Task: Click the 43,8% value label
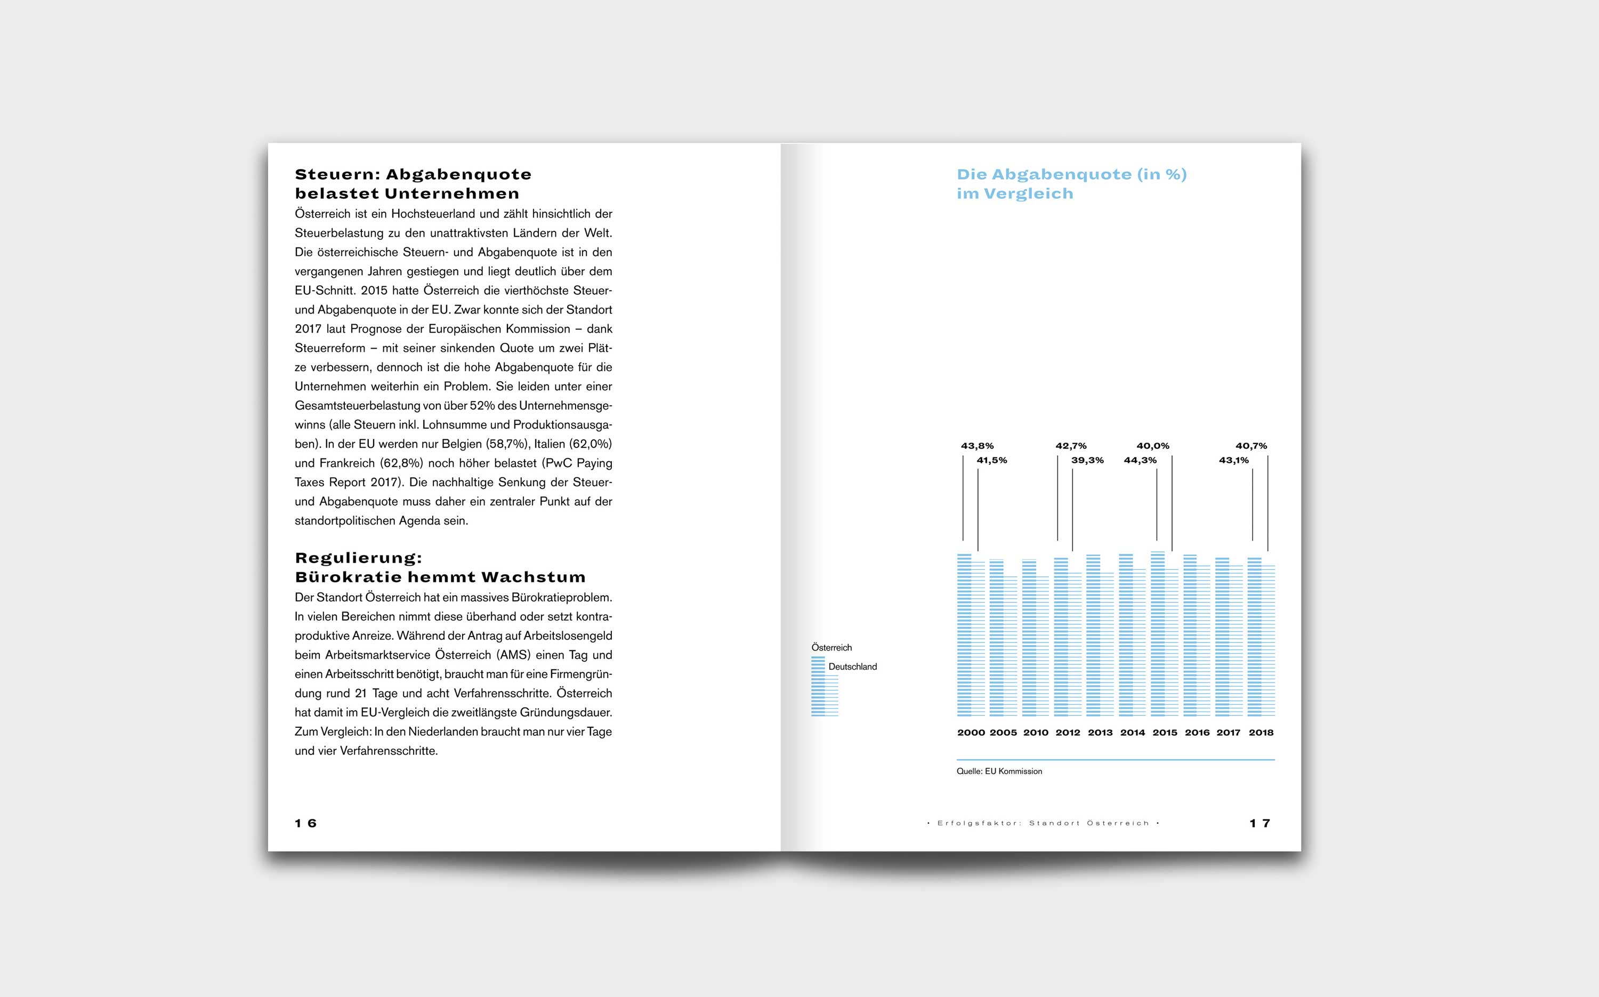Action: tap(977, 446)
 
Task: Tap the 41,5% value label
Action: tap(991, 460)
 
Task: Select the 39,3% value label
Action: tap(1087, 460)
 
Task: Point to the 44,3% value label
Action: tap(1140, 460)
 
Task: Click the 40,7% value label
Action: tap(1250, 446)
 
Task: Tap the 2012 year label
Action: tap(1067, 733)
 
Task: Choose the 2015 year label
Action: tap(1164, 733)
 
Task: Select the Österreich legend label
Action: tap(831, 648)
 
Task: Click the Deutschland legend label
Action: tap(852, 666)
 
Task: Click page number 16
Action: tap(306, 823)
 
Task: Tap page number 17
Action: tap(1259, 823)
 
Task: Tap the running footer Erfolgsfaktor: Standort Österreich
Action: tap(1043, 823)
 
